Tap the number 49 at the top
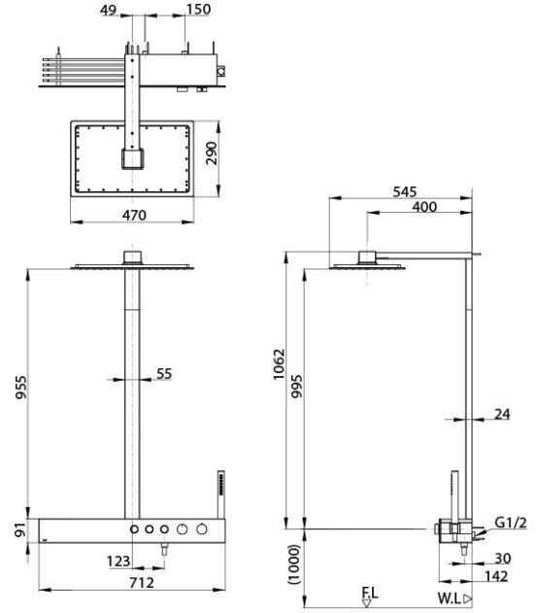point(109,9)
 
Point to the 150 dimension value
point(198,9)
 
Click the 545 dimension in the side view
point(407,191)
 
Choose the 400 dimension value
point(423,207)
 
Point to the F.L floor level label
point(369,590)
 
